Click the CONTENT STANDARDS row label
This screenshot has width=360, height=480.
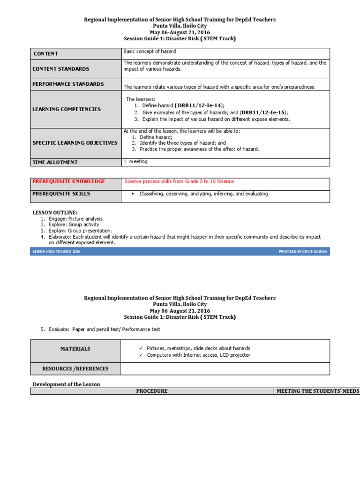coord(60,69)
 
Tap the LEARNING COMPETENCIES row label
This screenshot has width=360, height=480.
coord(66,109)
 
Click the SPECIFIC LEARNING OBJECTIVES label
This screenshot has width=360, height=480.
coord(75,143)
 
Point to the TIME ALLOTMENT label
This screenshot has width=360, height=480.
coord(55,162)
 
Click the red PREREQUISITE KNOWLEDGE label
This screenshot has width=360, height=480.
coord(68,181)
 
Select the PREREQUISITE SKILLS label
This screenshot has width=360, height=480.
coord(61,194)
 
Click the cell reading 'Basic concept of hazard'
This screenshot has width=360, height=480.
coord(150,51)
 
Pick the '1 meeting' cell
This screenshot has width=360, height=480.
coord(135,162)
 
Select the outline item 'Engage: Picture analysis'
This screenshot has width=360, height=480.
coord(75,219)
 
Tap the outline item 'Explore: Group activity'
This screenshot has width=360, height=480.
coord(74,225)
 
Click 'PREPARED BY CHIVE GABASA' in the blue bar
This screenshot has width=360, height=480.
coord(303,252)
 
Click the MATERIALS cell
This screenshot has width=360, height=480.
coord(75,349)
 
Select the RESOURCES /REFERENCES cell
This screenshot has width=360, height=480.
coord(75,369)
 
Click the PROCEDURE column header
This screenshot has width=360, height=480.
coord(151,391)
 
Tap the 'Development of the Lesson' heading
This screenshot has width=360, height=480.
coord(66,384)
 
